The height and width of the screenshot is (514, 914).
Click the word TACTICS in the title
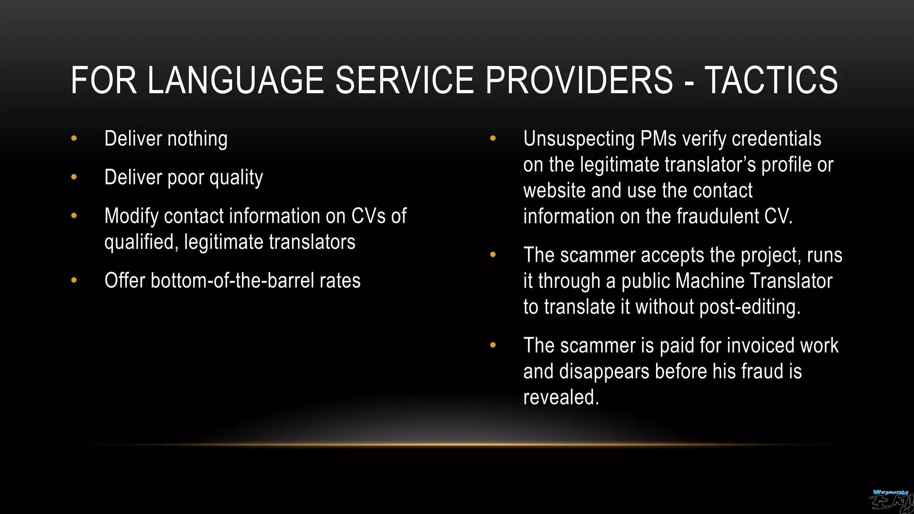tap(771, 80)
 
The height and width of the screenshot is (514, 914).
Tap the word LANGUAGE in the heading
tap(235, 80)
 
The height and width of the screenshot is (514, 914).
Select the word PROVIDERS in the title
tap(579, 80)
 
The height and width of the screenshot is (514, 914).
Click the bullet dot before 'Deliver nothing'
tap(74, 138)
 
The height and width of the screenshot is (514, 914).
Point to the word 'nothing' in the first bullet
tap(197, 139)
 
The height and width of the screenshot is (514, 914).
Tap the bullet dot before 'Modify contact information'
tap(74, 216)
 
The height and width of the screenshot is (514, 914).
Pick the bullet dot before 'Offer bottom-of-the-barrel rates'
tap(74, 281)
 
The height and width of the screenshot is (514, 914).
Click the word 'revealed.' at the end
tap(561, 397)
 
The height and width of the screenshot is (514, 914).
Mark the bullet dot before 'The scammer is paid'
tap(493, 345)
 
